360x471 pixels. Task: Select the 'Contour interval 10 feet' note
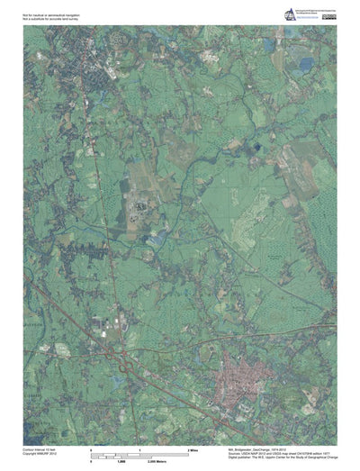tap(41, 448)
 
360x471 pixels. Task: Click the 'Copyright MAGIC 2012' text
tap(40, 453)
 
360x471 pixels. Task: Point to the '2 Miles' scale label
tap(193, 448)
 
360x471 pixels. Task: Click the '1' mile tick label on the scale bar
tap(139, 448)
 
